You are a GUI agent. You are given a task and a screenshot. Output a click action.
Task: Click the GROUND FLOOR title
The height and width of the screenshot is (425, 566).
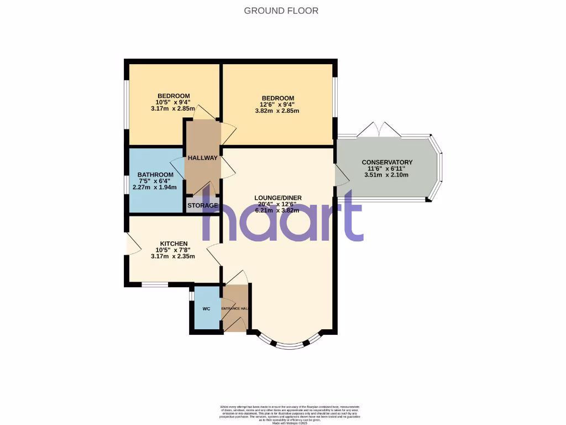[281, 11]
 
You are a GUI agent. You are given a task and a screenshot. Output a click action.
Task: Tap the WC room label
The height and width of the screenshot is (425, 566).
[206, 309]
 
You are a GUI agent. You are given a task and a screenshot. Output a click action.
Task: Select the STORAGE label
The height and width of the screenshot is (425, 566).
[202, 206]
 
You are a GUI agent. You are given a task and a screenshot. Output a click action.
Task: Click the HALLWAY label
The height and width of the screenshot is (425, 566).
[202, 158]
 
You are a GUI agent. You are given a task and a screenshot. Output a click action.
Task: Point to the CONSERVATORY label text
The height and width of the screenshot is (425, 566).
[387, 162]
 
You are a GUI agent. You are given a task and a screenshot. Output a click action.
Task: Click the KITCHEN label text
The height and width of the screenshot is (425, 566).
[174, 243]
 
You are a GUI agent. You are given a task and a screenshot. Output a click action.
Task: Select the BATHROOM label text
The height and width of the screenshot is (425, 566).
[155, 175]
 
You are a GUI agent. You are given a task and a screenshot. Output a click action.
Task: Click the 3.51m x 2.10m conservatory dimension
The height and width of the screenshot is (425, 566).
[386, 175]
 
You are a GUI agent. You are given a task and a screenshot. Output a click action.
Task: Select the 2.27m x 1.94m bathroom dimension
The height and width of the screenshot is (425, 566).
[155, 188]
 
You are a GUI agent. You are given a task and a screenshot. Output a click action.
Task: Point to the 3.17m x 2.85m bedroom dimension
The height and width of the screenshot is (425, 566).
[173, 108]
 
